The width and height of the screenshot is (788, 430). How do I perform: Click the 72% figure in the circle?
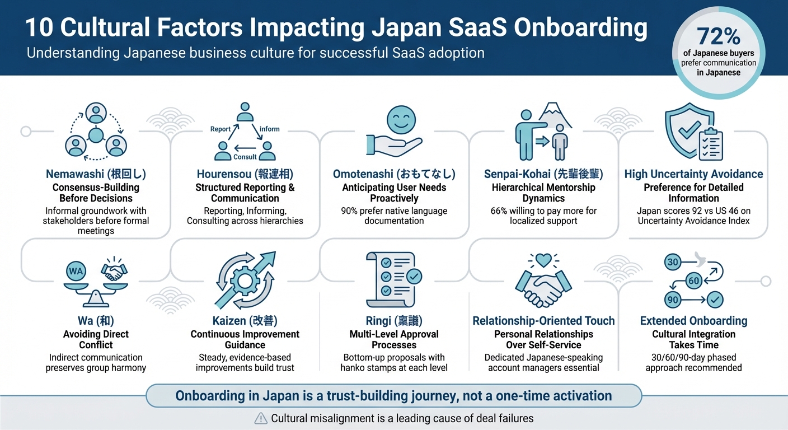coord(719,36)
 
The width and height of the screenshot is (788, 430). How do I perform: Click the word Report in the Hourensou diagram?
coord(220,129)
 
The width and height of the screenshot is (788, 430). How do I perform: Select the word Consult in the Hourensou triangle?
coord(245,157)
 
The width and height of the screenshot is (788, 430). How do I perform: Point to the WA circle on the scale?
coord(76,272)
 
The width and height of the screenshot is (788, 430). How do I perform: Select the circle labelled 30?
coord(673,262)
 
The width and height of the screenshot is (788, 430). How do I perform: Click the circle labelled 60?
coord(693,281)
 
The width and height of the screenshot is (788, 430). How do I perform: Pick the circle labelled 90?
coord(673,300)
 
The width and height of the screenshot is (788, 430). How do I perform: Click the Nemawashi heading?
coord(96,174)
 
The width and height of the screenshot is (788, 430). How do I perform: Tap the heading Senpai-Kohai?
coord(543,174)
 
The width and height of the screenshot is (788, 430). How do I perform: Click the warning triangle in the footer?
coord(261,418)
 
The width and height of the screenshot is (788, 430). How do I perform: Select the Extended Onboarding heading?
coord(693,321)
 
